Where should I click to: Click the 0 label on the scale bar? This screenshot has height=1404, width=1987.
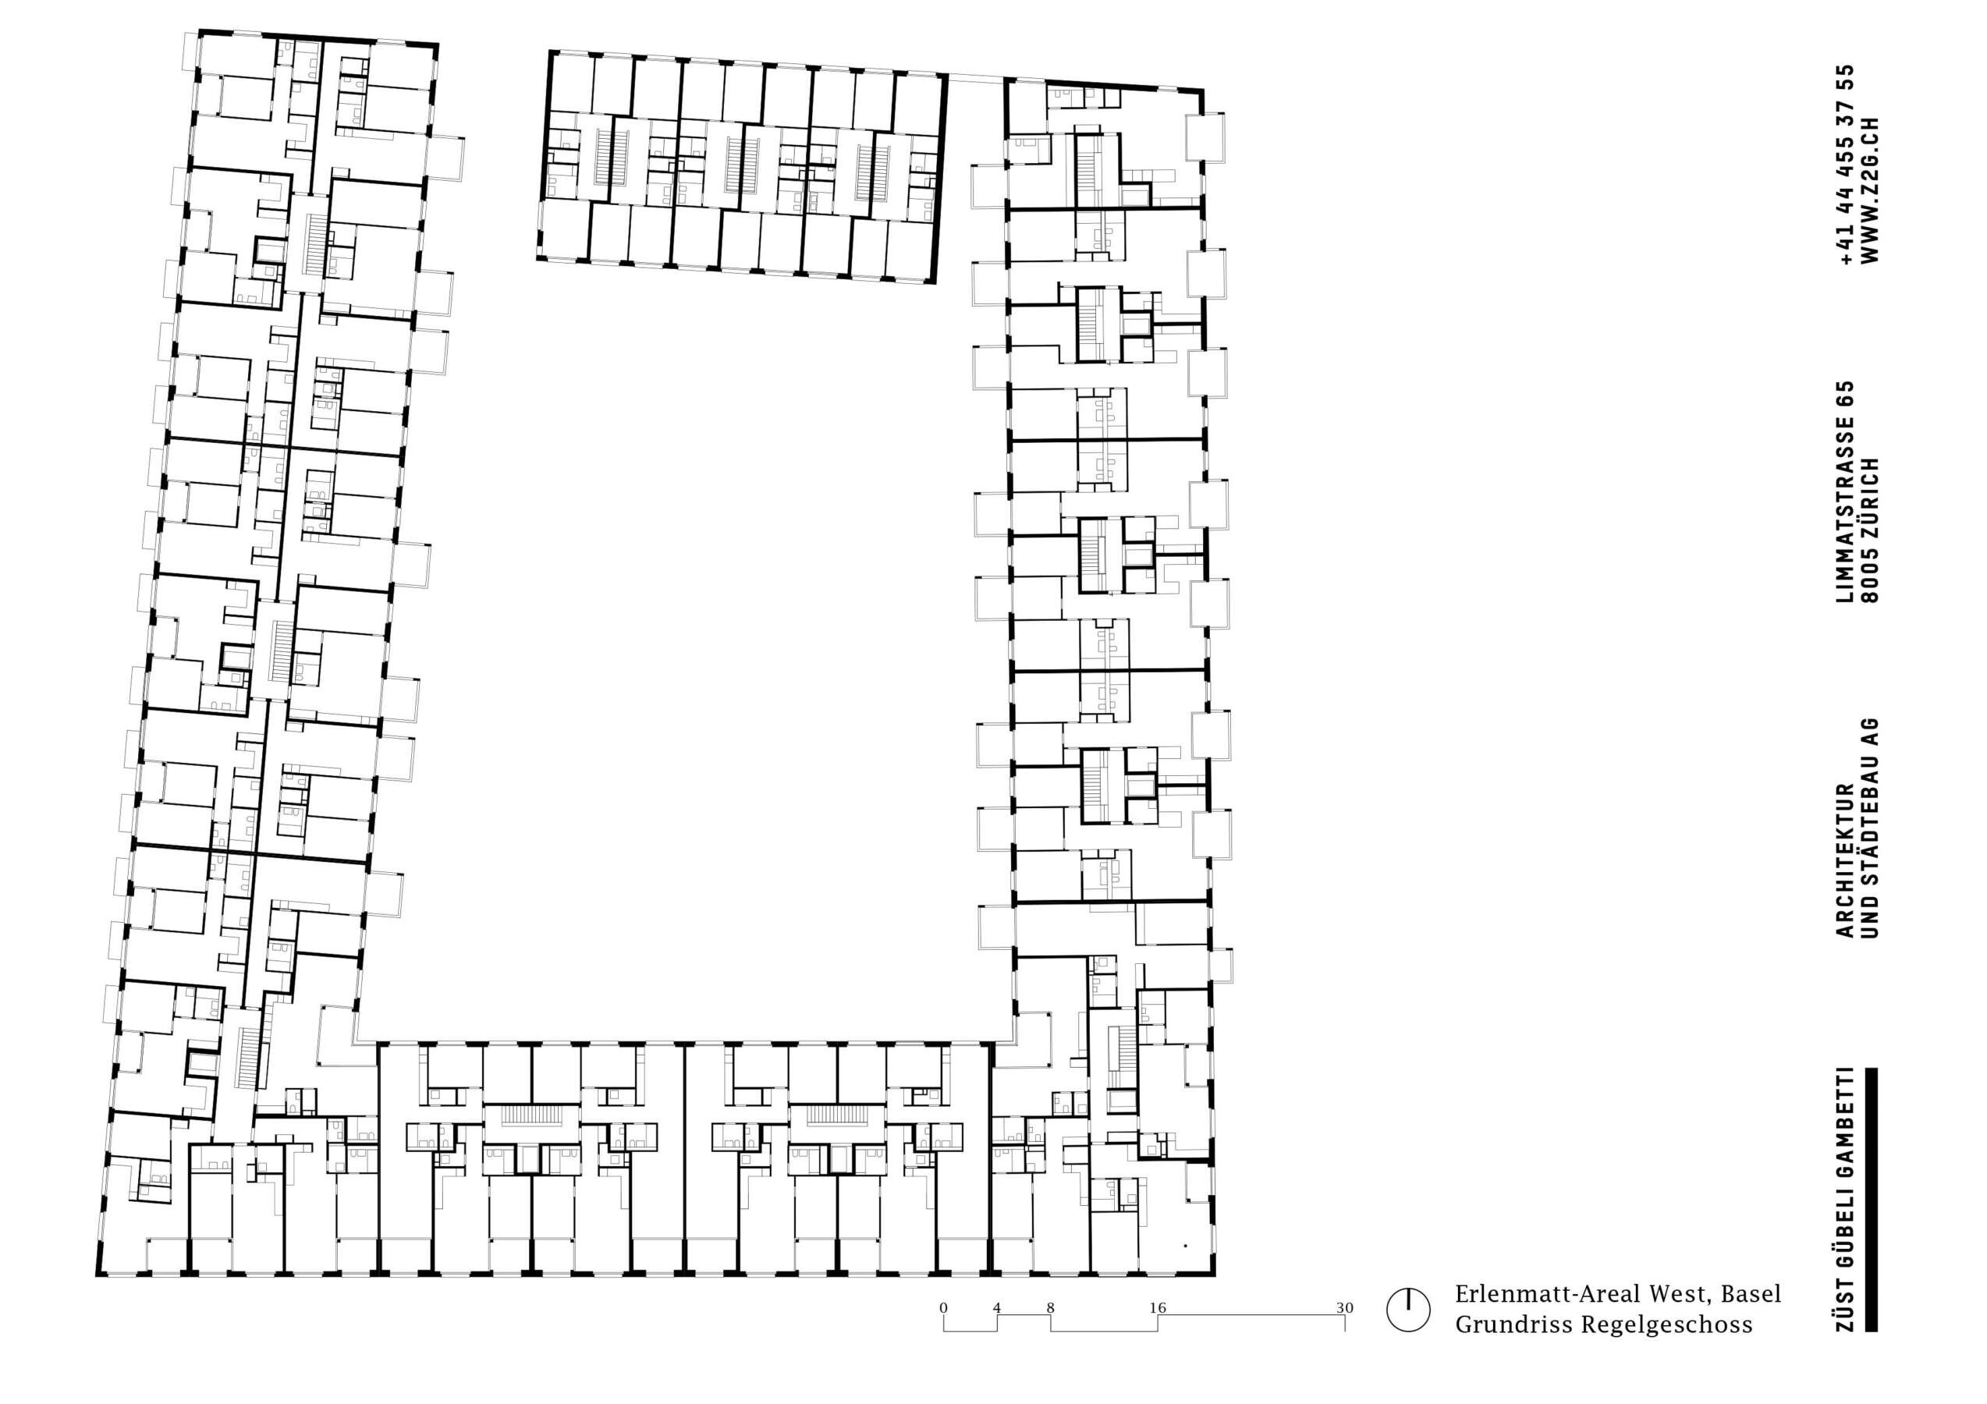(943, 1307)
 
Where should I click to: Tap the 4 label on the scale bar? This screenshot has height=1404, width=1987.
(997, 1307)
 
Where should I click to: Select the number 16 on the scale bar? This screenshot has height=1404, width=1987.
(1158, 1307)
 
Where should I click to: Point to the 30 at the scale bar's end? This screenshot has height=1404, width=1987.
(1344, 1307)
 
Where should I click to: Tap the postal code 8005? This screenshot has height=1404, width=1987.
(1870, 576)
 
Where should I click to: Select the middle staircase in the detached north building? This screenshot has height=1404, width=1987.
(734, 165)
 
